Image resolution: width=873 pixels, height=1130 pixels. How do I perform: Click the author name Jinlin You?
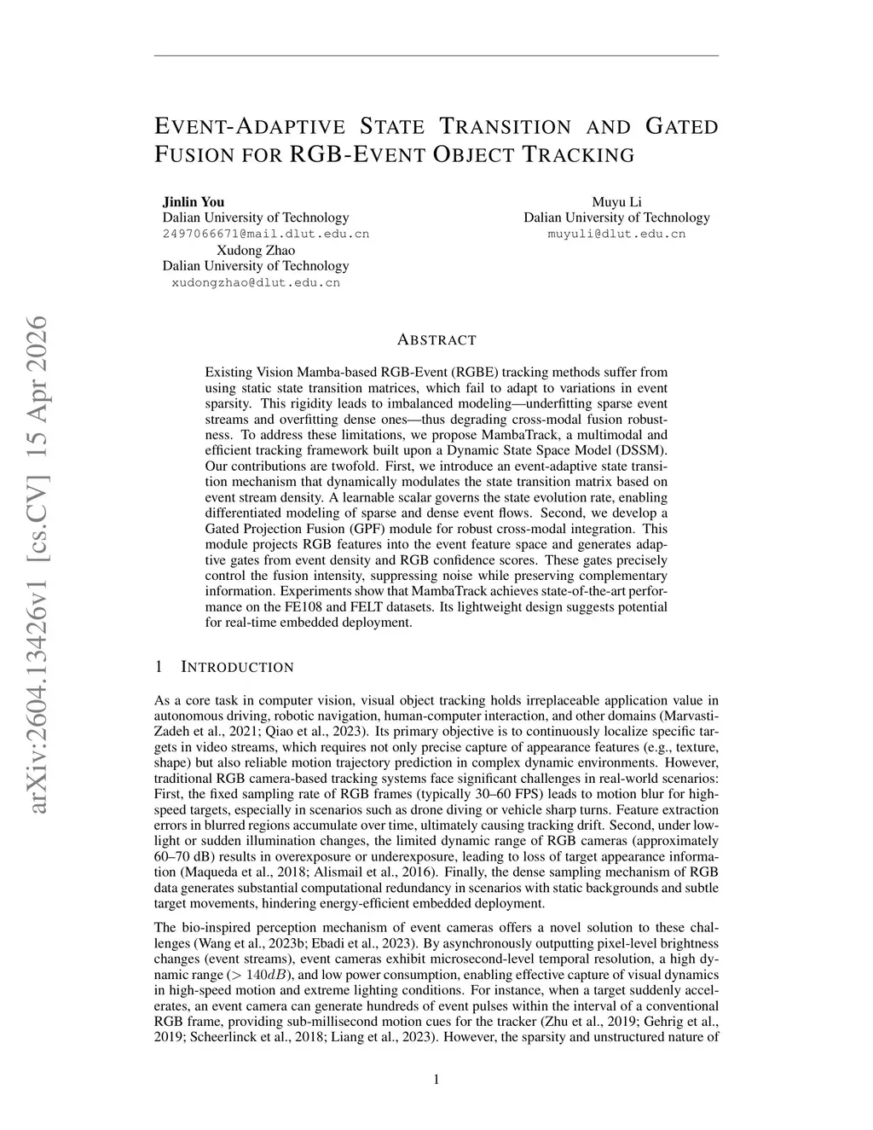tap(194, 202)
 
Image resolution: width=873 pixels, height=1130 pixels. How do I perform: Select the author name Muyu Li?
tap(616, 202)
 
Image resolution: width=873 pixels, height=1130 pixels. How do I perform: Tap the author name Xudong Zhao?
tap(256, 250)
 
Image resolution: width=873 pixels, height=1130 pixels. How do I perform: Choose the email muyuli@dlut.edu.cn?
tap(616, 234)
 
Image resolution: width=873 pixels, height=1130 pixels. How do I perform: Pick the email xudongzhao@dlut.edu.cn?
tap(256, 282)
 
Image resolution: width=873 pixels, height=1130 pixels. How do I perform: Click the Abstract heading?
tap(436, 339)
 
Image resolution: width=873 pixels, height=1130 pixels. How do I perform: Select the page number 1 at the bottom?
tap(436, 1080)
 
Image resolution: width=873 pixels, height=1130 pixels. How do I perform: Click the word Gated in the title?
tap(682, 127)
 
